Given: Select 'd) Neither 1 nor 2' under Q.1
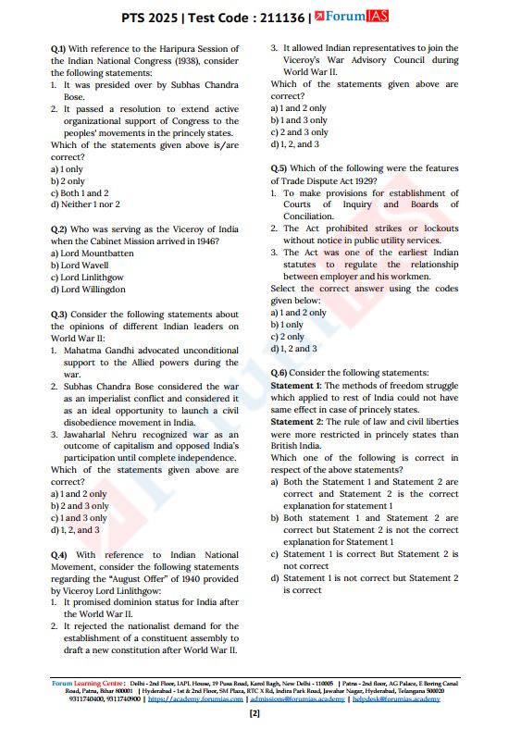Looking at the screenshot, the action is [x=85, y=204].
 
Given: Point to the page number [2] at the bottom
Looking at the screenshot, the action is [x=254, y=714].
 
